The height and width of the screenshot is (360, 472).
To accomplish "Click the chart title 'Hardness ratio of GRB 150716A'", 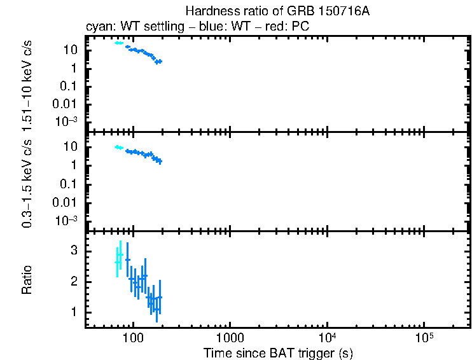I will pos(277,11).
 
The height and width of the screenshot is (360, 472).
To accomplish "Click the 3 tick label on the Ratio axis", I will pos(73,251).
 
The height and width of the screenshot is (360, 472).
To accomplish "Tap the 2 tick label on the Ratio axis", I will pos(73,282).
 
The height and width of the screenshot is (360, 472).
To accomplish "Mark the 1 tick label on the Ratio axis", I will pos(73,312).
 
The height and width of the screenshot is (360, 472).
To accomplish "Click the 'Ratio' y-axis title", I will pos(27,280).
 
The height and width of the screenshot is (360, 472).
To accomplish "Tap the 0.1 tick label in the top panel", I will pos(70,86).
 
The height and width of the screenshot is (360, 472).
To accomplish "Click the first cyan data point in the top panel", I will pos(117,43).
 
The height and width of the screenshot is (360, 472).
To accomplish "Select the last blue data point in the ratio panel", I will pos(160,297).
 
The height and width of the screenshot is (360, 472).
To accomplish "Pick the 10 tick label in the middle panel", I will pos(71,147).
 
